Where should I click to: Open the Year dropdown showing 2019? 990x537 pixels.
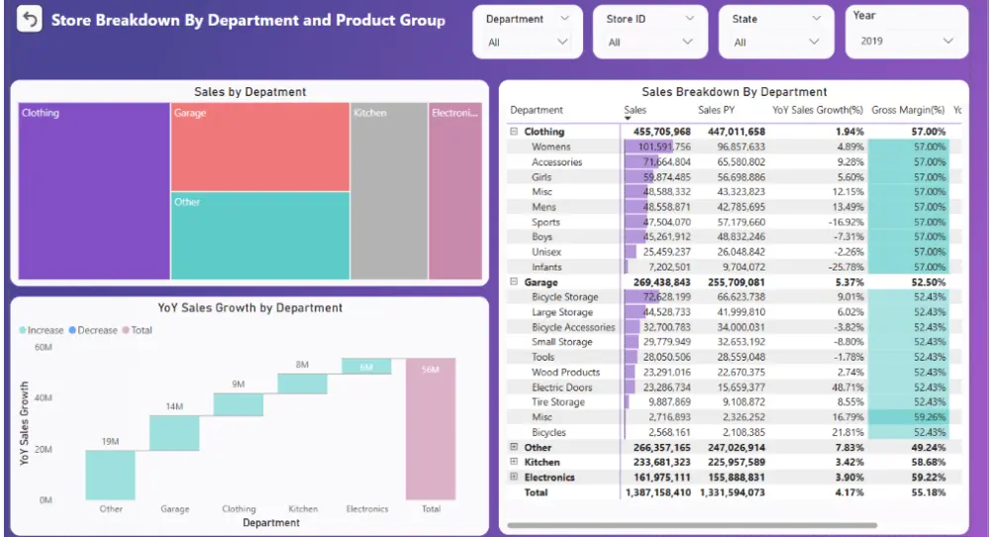pyautogui.click(x=907, y=41)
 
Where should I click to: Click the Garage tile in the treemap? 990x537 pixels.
pyautogui.click(x=259, y=147)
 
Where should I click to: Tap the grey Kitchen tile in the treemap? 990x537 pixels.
pyautogui.click(x=389, y=193)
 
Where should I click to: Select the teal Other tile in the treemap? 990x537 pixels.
pyautogui.click(x=259, y=236)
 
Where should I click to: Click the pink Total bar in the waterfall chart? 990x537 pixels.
pyautogui.click(x=431, y=429)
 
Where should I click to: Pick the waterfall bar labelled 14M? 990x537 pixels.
pyautogui.click(x=174, y=433)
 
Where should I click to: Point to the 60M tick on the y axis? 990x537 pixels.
pyautogui.click(x=43, y=348)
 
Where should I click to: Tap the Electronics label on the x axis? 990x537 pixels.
pyautogui.click(x=366, y=509)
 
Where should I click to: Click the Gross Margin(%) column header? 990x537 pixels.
pyautogui.click(x=908, y=110)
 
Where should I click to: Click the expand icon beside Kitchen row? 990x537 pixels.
pyautogui.click(x=513, y=463)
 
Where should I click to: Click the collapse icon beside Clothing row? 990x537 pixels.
pyautogui.click(x=513, y=132)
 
